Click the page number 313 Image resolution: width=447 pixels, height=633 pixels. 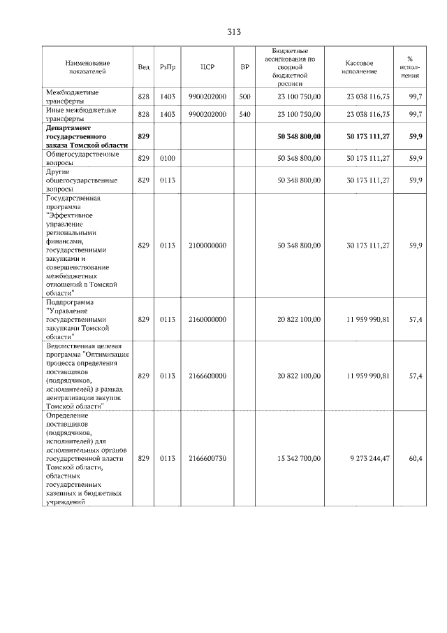[x=234, y=32]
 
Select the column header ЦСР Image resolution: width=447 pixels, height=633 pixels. [x=207, y=66]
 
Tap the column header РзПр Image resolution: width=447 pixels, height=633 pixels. [x=168, y=66]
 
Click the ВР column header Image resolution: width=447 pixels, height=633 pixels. [x=244, y=66]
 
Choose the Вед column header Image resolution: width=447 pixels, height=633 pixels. [x=144, y=66]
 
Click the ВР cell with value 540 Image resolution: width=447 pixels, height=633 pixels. [x=244, y=113]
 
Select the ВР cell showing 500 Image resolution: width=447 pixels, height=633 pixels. [x=244, y=96]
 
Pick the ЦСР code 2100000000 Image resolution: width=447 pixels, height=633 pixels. [x=207, y=246]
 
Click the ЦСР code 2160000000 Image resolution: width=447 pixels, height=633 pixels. [x=207, y=319]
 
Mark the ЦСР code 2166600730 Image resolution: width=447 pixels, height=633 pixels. [x=207, y=458]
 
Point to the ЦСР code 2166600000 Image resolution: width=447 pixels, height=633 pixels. [x=207, y=376]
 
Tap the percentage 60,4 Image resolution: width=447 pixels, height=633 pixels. [x=415, y=458]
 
